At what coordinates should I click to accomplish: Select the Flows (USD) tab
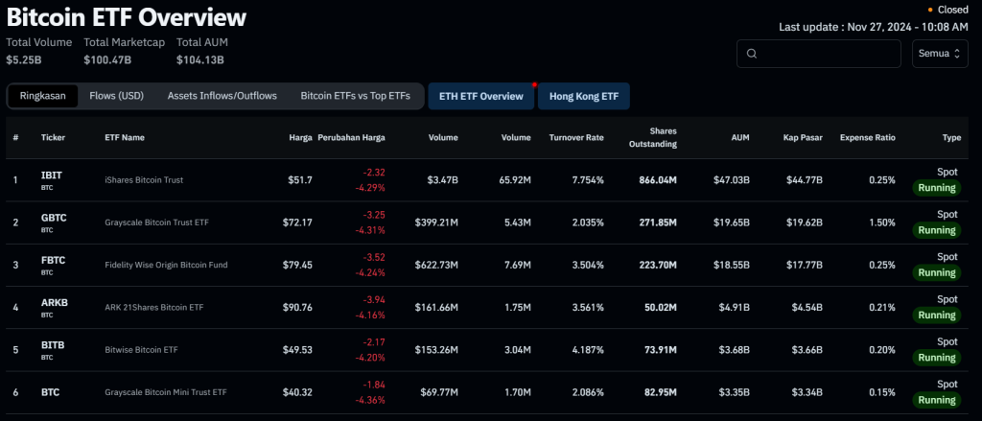point(116,96)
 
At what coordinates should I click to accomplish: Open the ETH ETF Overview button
point(481,96)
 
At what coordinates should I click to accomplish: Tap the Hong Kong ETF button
point(584,96)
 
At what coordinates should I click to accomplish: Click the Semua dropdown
point(939,54)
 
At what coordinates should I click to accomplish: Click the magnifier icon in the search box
point(752,54)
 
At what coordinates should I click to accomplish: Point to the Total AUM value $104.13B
point(199,59)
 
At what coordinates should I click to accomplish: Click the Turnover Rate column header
point(575,137)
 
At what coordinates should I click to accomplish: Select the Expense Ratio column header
point(867,137)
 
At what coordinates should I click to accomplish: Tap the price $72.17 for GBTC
point(295,222)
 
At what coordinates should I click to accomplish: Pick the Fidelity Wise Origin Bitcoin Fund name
point(166,265)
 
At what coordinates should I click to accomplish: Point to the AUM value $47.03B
point(731,180)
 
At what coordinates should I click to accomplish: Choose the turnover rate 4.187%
point(583,349)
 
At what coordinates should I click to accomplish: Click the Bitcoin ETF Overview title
point(126,17)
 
